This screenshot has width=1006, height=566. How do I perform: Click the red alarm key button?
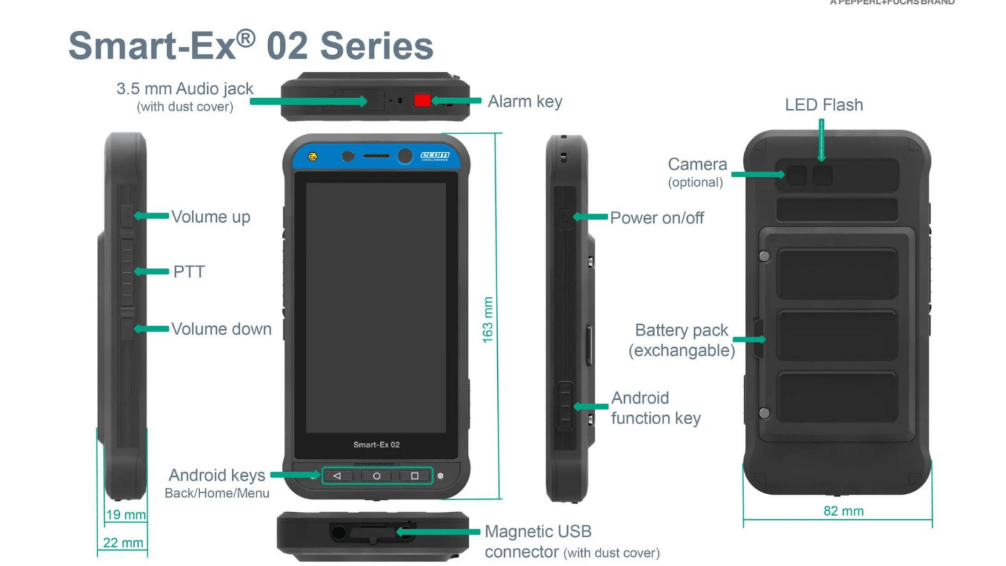(x=422, y=100)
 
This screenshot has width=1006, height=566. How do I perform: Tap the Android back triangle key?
(x=337, y=476)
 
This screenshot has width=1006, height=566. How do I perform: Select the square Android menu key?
(x=414, y=476)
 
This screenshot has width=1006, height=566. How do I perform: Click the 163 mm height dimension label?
(x=488, y=320)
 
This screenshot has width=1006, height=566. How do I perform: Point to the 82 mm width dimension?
(x=843, y=511)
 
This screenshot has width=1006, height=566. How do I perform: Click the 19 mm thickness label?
(x=126, y=515)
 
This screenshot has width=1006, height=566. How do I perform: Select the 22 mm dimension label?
(x=123, y=543)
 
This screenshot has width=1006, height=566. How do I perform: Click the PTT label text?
(x=189, y=271)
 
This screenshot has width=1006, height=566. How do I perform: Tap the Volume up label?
(x=210, y=217)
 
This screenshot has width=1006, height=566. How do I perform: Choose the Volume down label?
(x=221, y=329)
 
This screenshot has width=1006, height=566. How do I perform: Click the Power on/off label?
(x=656, y=218)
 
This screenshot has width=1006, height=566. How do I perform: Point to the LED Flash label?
(x=824, y=105)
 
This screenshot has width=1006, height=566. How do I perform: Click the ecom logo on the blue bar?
(x=435, y=155)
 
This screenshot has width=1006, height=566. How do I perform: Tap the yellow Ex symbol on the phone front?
(x=312, y=157)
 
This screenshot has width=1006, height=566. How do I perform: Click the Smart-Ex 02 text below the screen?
(x=376, y=445)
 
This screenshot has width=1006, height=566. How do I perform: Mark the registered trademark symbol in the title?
(x=246, y=39)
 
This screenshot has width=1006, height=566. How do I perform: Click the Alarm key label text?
(x=525, y=101)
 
